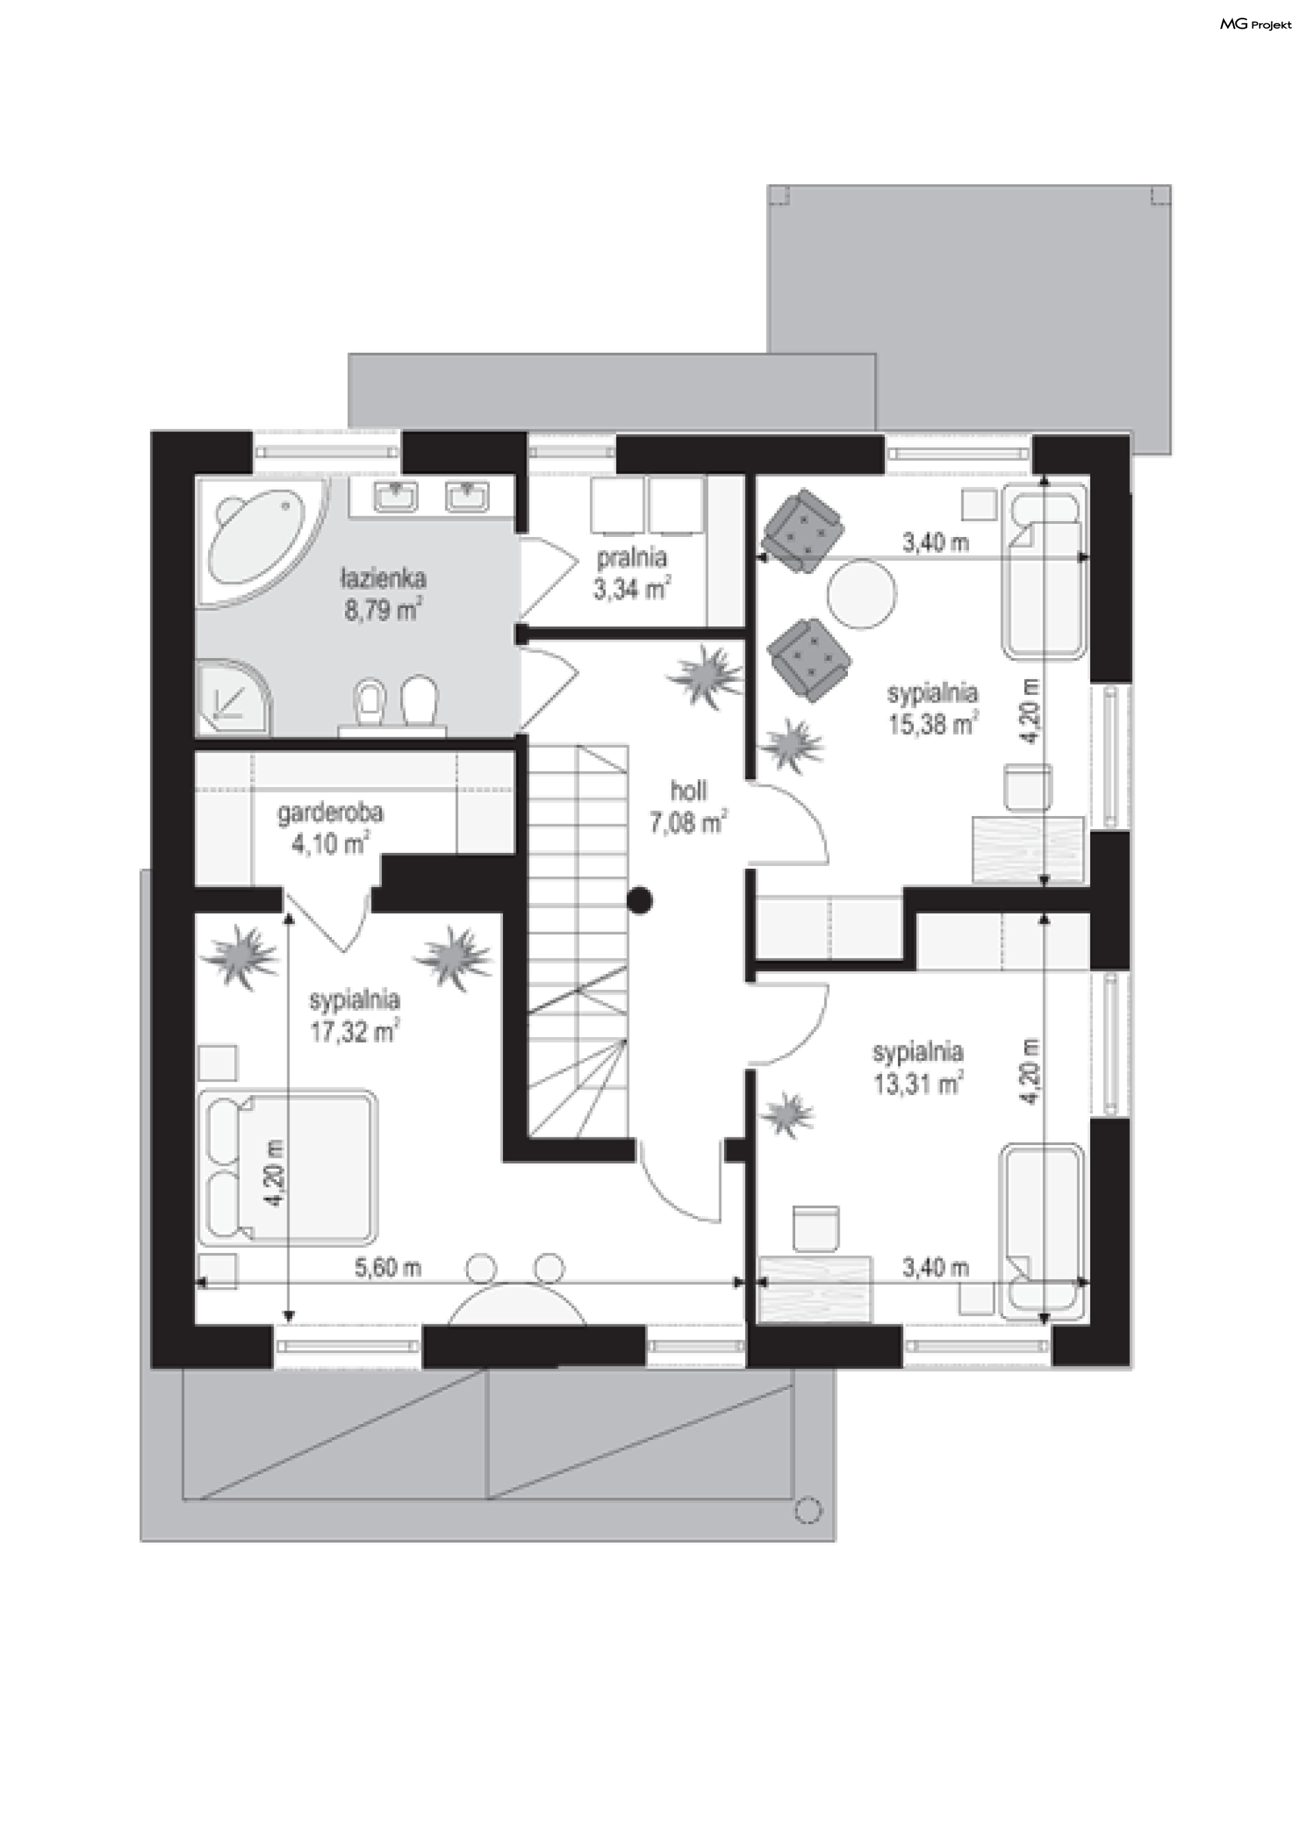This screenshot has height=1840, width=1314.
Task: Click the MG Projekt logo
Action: click(1255, 25)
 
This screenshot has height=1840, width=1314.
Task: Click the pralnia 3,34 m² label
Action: click(631, 573)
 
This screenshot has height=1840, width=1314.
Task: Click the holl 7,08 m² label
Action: click(687, 807)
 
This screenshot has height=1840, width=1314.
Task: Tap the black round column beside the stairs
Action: click(639, 900)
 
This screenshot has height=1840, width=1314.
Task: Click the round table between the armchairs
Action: click(862, 593)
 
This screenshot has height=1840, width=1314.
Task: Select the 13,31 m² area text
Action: click(918, 1083)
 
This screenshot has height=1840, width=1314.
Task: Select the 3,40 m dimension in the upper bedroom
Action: click(936, 542)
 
